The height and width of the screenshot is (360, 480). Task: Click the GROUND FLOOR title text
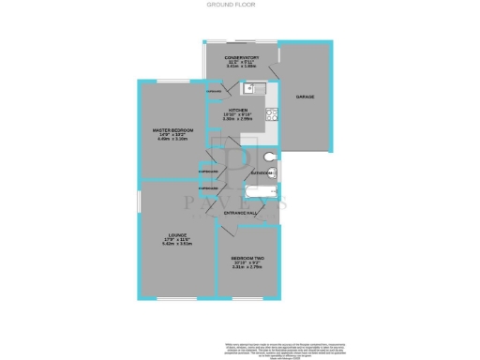(240, 5)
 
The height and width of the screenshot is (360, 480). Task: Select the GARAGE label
(305, 97)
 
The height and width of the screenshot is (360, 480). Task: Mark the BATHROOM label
(262, 174)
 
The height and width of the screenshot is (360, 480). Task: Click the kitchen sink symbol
(250, 89)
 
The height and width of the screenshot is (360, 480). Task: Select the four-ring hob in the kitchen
(269, 116)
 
